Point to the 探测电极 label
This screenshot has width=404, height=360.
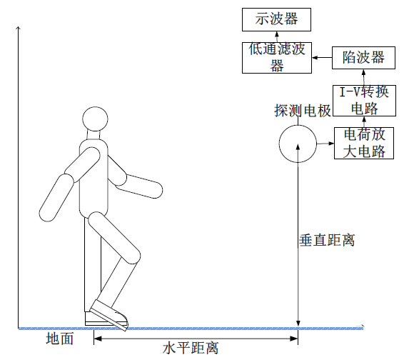[303, 111]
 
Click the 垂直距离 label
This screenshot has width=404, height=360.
[327, 240]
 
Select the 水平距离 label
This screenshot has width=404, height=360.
[191, 348]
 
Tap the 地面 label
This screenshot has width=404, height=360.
[60, 339]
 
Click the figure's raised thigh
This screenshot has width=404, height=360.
[114, 238]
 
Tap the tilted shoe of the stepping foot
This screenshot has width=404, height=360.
[108, 315]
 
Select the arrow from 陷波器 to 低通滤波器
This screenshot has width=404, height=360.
[322, 58]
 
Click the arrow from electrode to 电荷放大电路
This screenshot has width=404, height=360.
[325, 144]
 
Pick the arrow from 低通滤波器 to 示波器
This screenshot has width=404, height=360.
[277, 37]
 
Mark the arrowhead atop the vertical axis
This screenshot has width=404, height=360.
[18, 28]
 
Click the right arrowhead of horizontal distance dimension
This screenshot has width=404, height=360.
[294, 339]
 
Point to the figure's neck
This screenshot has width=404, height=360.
[94, 134]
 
